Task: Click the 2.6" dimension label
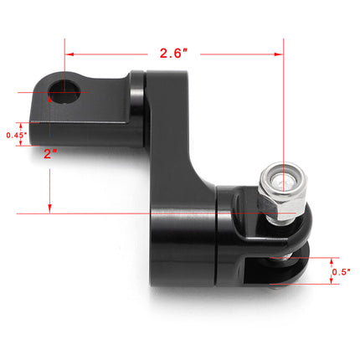coord(174,53)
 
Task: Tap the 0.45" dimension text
coord(16,134)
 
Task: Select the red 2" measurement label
coord(49,153)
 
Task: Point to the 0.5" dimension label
coord(341,270)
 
